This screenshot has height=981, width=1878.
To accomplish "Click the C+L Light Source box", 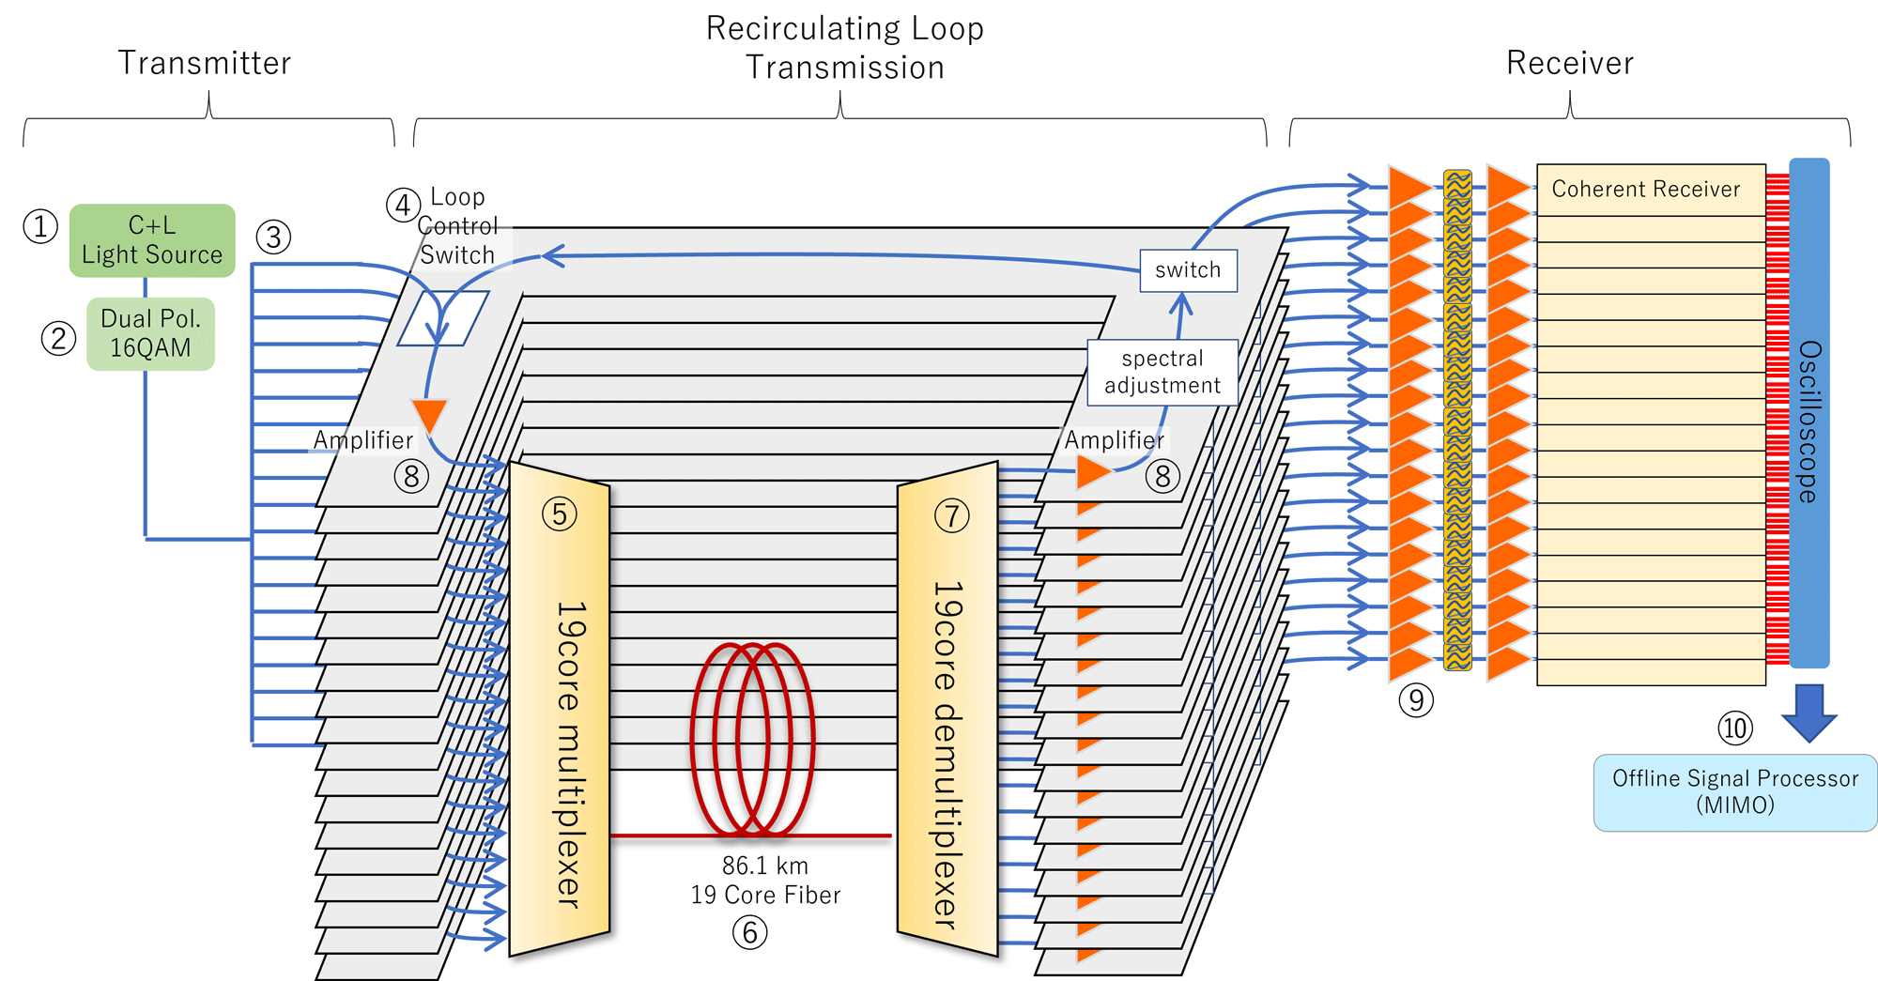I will pos(152,240).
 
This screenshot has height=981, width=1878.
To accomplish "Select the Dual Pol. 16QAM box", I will pos(150,333).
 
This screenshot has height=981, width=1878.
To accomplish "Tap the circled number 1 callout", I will pos(40,226).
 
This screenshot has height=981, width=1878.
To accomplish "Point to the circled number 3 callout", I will pos(273,237).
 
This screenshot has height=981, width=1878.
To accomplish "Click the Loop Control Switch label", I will pos(457,226).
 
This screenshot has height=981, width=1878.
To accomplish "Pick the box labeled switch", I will pos(1188,270).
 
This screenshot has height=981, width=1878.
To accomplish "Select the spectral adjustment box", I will pos(1162,372).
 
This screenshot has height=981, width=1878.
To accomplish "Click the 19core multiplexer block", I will pos(560,710).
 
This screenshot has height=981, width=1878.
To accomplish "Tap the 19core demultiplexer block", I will pos(947,710).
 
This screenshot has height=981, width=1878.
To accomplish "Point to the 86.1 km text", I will pos(764,866).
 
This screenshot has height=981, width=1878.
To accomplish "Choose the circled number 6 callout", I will pos(749,932).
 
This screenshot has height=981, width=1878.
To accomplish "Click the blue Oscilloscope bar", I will pos(1809,413).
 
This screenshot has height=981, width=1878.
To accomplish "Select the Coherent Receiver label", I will pos(1645,190).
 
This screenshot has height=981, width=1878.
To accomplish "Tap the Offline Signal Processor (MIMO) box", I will pos(1734,792).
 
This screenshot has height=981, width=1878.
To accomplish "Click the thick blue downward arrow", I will pos(1809,713).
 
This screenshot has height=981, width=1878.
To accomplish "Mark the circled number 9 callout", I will pos(1416,700).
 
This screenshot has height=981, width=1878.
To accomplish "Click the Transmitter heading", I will pos(205,63).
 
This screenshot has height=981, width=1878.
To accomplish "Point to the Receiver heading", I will pos(1569,63).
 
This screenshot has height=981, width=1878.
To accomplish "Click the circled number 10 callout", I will pos(1735,728).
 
